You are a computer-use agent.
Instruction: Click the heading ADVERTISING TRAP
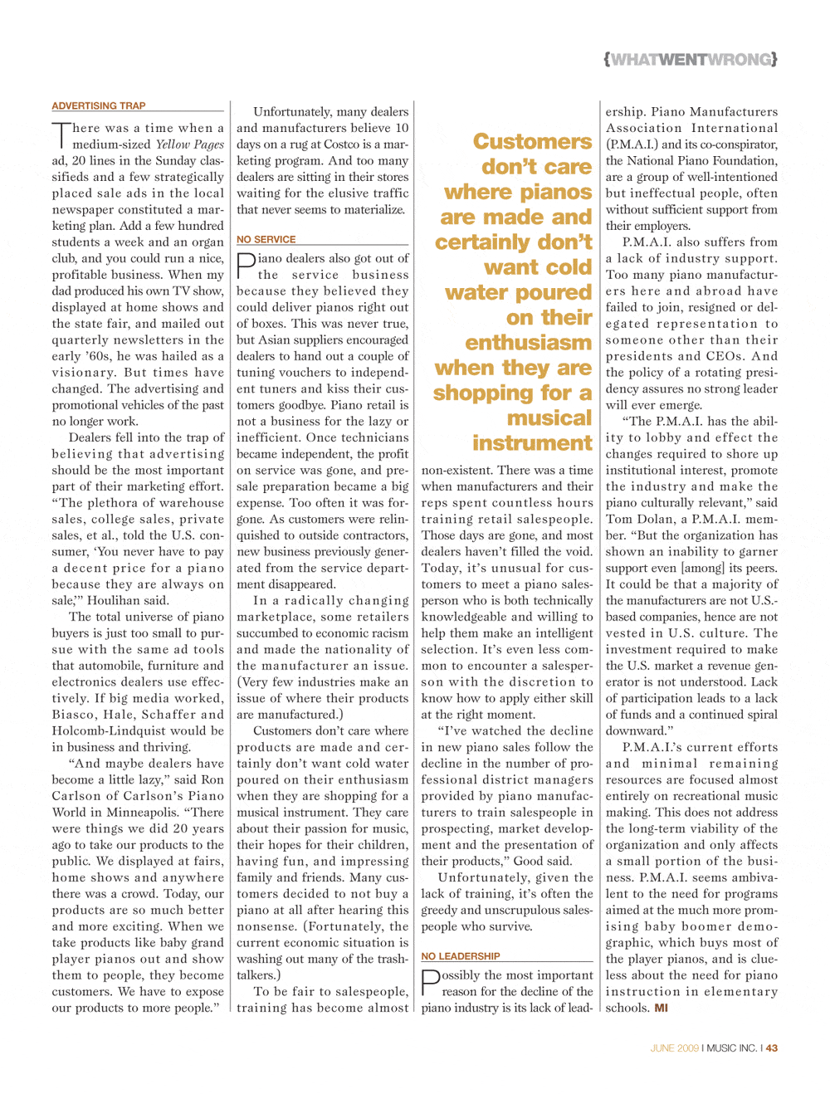click(99, 106)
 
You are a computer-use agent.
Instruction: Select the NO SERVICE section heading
click(266, 239)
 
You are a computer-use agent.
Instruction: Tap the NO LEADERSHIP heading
click(460, 956)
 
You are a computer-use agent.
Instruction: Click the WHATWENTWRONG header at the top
click(691, 59)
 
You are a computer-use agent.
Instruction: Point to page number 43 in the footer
click(772, 1048)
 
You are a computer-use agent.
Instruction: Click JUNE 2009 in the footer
click(675, 1048)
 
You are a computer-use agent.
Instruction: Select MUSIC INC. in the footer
click(732, 1048)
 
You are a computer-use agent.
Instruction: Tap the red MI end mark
click(661, 1008)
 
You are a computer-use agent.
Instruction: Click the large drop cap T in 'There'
click(61, 136)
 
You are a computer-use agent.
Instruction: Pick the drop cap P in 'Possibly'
click(429, 983)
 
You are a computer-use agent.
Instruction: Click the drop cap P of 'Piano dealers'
click(245, 266)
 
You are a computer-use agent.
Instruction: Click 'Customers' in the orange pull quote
click(532, 142)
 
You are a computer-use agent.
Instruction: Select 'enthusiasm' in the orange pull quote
click(528, 343)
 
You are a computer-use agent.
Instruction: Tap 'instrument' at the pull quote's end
click(532, 443)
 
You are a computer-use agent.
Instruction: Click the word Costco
click(334, 144)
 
